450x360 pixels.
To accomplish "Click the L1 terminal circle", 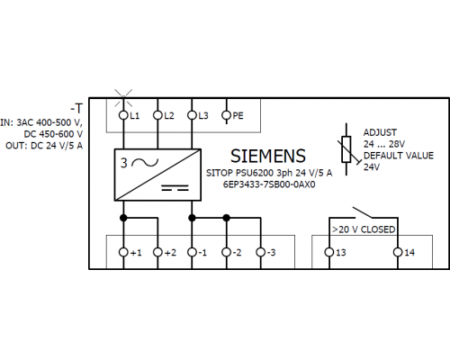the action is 123,115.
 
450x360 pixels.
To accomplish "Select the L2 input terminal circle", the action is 157,115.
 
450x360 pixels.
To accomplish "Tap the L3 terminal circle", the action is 192,115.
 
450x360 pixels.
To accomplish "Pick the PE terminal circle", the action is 226,115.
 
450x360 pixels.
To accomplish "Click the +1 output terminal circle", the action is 123,252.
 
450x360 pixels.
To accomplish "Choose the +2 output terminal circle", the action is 157,252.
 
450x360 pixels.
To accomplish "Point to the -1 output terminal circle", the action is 192,252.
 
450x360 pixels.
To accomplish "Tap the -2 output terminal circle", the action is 227,252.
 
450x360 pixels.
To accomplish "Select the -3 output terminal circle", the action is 261,252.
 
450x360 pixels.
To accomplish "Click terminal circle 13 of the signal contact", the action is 329,252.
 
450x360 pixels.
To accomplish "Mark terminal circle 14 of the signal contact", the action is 398,252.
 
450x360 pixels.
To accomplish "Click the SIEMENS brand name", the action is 268,156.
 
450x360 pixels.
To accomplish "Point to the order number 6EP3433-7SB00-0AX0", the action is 269,184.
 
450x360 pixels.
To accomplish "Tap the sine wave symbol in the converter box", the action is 145,162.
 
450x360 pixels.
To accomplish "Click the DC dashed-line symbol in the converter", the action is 175,188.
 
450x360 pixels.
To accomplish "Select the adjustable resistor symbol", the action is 346,149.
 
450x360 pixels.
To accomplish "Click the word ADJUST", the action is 380,132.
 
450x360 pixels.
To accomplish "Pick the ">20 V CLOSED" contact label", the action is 364,229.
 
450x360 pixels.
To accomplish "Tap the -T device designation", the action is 76,108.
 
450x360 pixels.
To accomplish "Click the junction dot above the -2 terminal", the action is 227,218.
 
